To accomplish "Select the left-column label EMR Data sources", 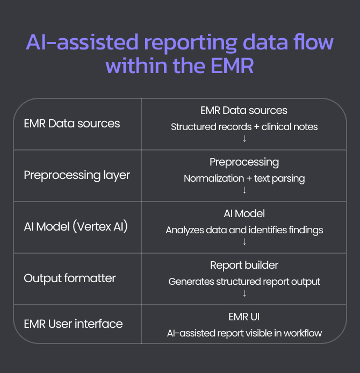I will (x=72, y=124).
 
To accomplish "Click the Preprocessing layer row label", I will (x=77, y=175).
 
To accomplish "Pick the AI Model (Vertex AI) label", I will (x=76, y=227).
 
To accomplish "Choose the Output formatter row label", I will (x=70, y=278).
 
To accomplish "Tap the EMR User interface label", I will (x=73, y=324).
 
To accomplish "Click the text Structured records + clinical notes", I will (x=244, y=127).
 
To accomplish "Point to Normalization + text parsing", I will (x=244, y=178).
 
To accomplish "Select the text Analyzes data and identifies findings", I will (x=244, y=230).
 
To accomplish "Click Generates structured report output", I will (x=244, y=282).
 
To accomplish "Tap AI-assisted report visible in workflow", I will (x=244, y=333).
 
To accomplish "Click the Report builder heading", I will (x=244, y=266).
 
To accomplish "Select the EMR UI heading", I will (x=244, y=317).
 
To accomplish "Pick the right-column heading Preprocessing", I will (x=244, y=162).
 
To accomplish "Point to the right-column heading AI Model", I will (x=244, y=214).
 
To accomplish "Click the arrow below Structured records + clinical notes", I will (x=244, y=139).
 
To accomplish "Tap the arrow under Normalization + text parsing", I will (x=244, y=190).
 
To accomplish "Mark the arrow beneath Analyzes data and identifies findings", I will (x=244, y=242).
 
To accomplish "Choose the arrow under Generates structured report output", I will (x=244, y=293).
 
